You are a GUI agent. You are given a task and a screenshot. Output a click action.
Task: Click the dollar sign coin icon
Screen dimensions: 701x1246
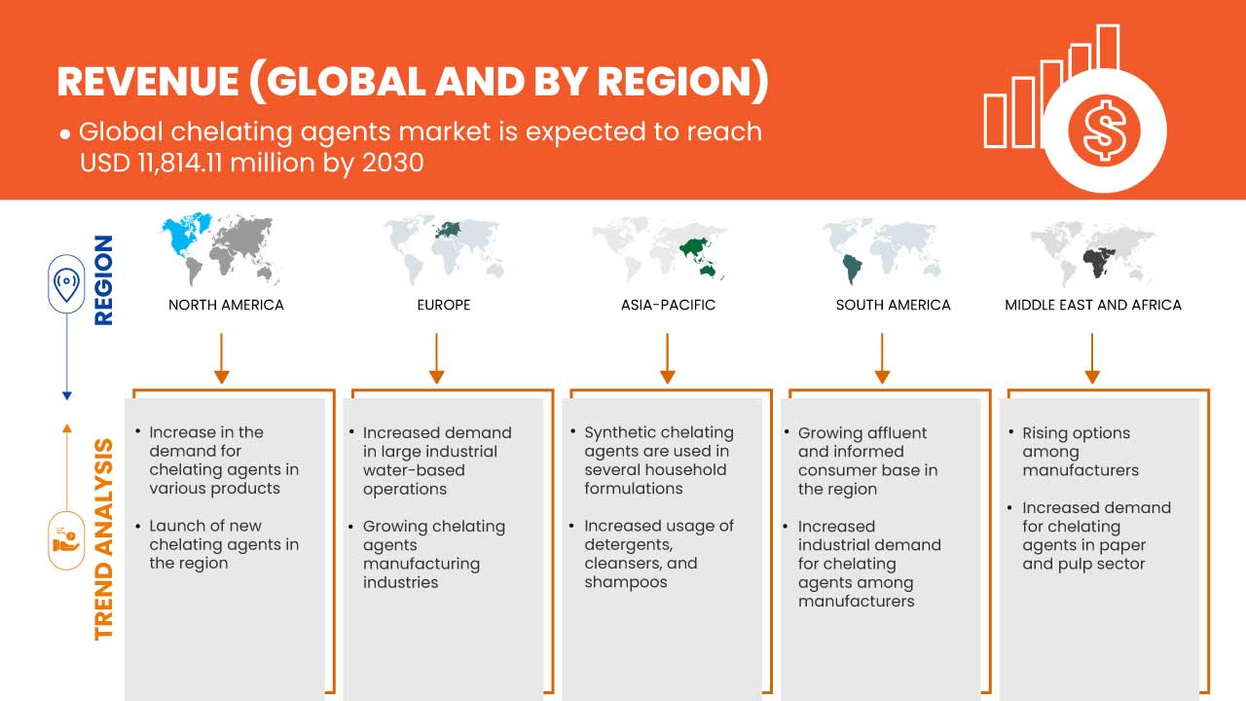click(1103, 130)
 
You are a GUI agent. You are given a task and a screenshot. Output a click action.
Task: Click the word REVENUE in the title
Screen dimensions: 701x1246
click(146, 83)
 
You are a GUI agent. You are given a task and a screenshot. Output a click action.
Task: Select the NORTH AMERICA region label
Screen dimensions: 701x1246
click(226, 305)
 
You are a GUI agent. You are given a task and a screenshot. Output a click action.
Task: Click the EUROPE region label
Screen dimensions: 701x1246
click(443, 305)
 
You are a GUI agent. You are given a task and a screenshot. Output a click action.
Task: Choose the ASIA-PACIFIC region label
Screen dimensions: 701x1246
click(668, 305)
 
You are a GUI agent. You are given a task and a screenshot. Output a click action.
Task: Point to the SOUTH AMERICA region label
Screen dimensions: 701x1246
click(893, 305)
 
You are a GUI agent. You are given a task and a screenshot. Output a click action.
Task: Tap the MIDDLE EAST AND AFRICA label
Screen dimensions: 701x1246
click(1092, 305)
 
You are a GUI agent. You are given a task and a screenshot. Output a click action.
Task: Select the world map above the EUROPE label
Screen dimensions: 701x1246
click(443, 247)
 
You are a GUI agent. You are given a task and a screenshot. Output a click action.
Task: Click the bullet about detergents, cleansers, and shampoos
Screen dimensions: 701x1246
click(658, 554)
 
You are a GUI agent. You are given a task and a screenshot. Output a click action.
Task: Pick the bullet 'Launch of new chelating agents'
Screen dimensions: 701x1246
click(223, 544)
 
